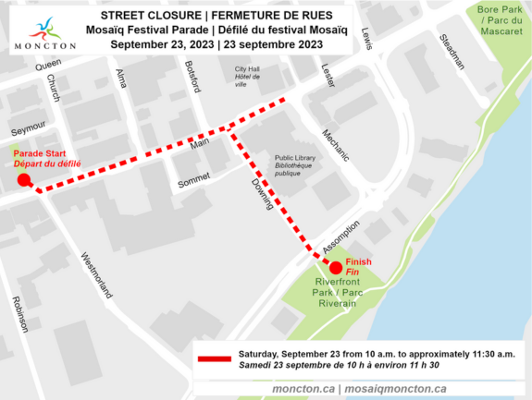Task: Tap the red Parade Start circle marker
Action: coord(24,181)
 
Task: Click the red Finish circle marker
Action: coord(336,268)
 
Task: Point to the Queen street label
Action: coord(47,66)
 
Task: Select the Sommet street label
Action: coord(194,180)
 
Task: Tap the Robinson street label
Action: coord(19,315)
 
